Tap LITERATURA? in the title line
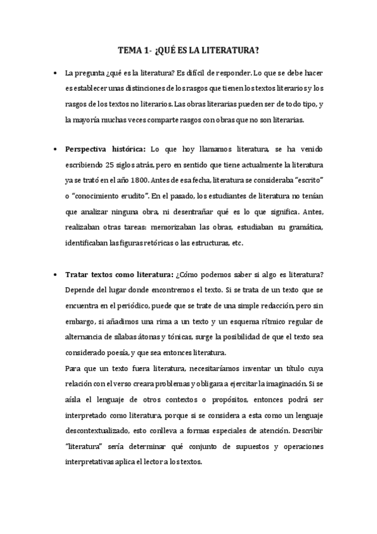(236, 50)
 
